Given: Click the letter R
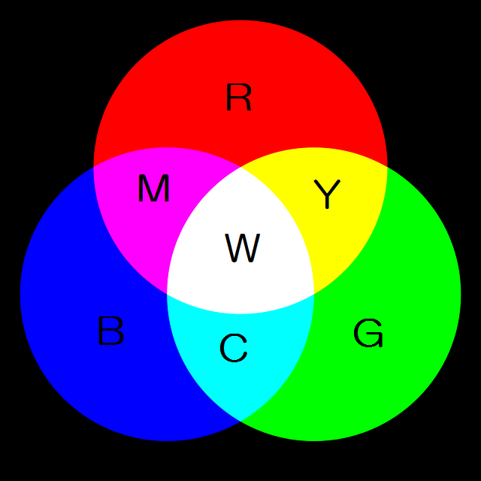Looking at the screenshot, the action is point(239,97).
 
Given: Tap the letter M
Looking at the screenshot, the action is point(153,188).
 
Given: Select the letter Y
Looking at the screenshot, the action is point(327,194).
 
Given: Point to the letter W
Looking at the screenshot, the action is point(242,248).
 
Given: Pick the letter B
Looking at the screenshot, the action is point(110,331).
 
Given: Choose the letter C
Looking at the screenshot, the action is point(234,348).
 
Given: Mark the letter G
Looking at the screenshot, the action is point(368,333).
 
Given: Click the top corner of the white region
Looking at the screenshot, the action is point(240,167).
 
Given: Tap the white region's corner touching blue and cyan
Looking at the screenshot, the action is point(167,294).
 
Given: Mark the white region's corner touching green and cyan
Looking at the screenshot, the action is point(314,294).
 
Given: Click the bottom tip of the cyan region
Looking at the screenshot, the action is point(240,422).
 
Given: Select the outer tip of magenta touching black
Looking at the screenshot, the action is point(93,167).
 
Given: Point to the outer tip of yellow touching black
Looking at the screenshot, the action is point(387,167).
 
